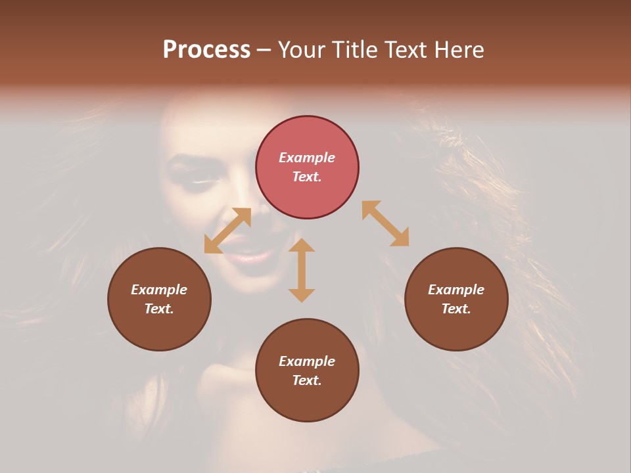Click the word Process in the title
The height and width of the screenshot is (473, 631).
(206, 50)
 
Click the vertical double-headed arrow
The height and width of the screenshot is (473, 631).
(302, 270)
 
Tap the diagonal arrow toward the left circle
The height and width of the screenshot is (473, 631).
(227, 231)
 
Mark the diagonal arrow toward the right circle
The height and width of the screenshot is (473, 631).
(386, 223)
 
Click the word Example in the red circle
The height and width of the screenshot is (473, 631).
(307, 158)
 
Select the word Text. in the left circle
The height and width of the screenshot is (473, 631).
(159, 309)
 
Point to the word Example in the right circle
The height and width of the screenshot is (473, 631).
(456, 290)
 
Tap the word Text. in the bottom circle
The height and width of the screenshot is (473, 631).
(307, 380)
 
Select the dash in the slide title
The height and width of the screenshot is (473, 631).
(264, 51)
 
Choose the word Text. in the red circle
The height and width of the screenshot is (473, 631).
(307, 177)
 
